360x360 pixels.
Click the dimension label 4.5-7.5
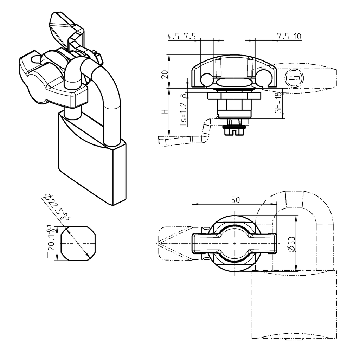click(181, 36)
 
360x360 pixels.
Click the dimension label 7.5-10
click(289, 36)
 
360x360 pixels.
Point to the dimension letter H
click(164, 112)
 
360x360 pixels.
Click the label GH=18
click(278, 103)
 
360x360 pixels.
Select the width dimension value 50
click(235, 200)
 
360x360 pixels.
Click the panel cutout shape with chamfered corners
click(78, 243)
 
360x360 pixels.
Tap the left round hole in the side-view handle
click(206, 80)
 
